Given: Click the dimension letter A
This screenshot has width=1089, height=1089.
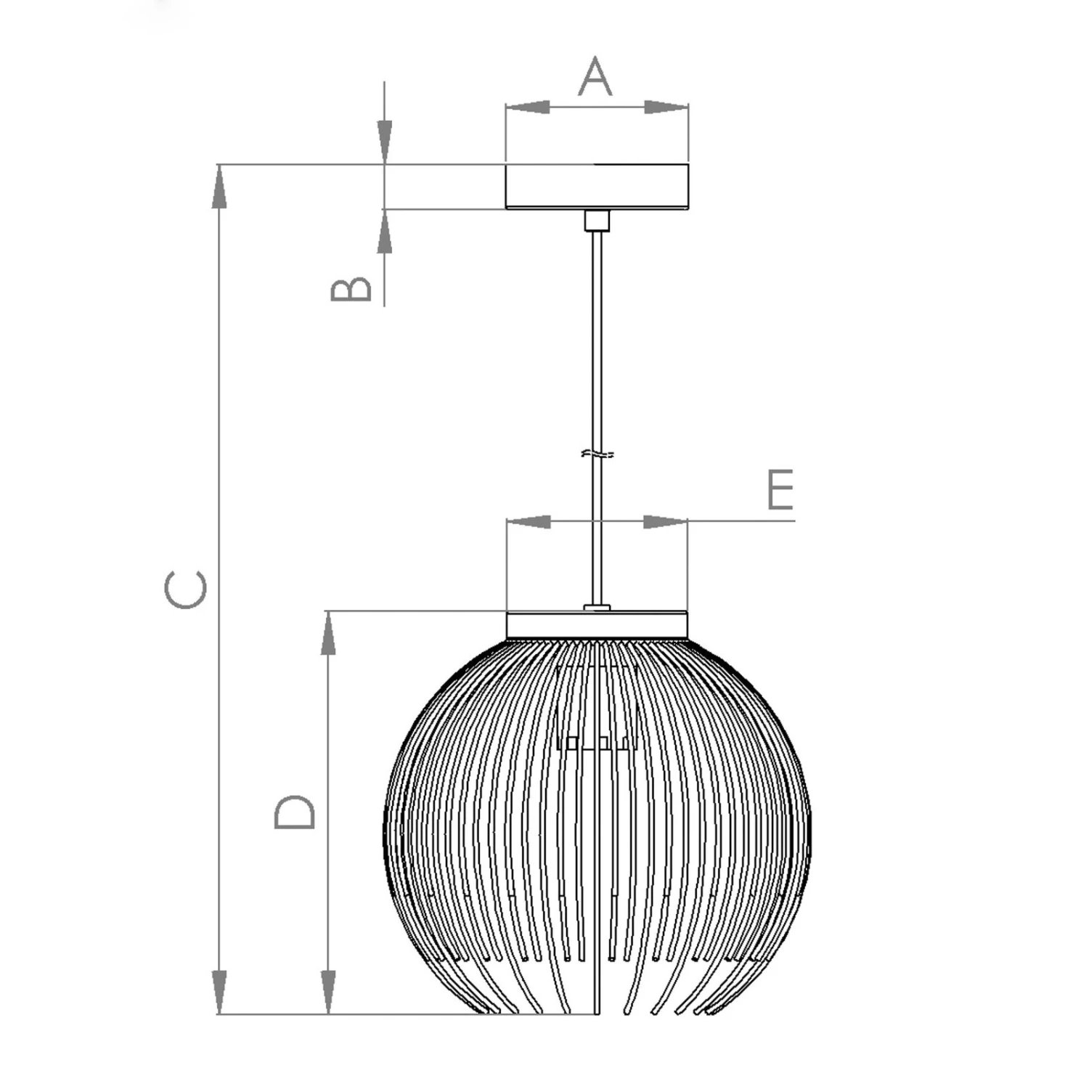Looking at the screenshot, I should point(595,77).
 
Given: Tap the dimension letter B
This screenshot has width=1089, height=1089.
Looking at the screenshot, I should point(351,289).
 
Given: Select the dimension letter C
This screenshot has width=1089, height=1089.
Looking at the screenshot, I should point(186,590).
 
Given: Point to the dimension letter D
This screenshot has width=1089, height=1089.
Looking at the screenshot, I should point(295,812).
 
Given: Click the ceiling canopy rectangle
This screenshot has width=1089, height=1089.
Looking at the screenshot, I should point(597,187).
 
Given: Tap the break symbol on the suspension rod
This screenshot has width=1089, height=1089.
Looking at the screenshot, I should point(597,455).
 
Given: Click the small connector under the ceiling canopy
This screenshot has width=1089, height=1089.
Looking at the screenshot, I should point(597,220).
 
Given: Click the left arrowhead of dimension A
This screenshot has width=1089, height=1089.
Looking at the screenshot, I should point(527,107).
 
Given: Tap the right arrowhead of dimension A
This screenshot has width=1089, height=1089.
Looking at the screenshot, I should point(666,107).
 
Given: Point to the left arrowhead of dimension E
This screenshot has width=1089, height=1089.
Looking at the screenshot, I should point(529,521).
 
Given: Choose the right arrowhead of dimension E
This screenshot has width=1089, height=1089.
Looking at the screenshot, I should point(665,521).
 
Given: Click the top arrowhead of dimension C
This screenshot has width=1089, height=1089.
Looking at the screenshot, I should point(219,187).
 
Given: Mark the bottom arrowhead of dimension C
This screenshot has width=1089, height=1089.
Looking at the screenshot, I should point(219,992).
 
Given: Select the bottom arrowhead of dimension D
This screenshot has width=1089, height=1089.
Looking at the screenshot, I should point(328,992).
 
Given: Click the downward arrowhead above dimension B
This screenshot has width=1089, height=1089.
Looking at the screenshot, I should point(384,142).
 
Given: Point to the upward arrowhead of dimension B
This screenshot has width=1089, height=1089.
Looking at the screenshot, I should point(384,232).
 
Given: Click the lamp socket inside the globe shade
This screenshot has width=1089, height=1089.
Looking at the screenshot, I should point(597,708).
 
